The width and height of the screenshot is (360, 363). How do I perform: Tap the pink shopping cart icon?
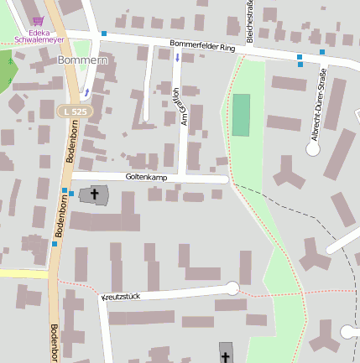37,22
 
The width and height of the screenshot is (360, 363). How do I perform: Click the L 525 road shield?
74,111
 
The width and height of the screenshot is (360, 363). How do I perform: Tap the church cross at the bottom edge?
226,355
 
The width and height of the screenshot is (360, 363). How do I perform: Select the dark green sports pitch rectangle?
241,115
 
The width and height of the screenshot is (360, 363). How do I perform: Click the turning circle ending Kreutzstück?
232,289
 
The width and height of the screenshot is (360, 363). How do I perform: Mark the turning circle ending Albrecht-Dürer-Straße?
314,149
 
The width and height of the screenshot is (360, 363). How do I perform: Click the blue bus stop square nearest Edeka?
104,34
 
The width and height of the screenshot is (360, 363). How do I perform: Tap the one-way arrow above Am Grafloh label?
177,57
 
